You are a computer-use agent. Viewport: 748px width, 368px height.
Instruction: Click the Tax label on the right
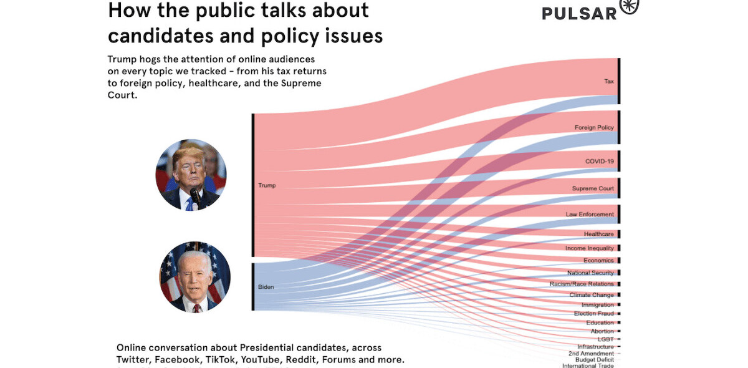[608, 82]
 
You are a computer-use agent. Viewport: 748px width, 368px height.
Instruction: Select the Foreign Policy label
[594, 128]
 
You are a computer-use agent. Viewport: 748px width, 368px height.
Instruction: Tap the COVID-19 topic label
[599, 162]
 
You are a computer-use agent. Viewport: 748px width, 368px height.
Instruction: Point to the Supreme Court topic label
[593, 188]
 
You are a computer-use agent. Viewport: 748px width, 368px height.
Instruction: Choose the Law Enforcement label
[590, 215]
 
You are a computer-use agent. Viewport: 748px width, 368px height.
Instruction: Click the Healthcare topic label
[598, 234]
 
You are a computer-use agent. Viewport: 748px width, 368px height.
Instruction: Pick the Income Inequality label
[589, 248]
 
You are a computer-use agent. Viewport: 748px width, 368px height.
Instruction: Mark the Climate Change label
[592, 295]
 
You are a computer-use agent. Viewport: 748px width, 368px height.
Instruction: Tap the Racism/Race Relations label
[582, 284]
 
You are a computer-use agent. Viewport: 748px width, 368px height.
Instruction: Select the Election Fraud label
[593, 314]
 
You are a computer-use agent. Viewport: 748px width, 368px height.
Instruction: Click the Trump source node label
[267, 185]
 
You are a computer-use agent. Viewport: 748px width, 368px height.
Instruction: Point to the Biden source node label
[266, 288]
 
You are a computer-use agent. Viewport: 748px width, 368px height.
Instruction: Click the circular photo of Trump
[191, 175]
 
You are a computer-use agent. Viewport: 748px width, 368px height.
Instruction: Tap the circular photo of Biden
[194, 277]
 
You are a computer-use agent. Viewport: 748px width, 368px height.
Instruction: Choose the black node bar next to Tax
[619, 81]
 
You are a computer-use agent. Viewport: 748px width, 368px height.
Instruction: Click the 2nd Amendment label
[591, 354]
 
